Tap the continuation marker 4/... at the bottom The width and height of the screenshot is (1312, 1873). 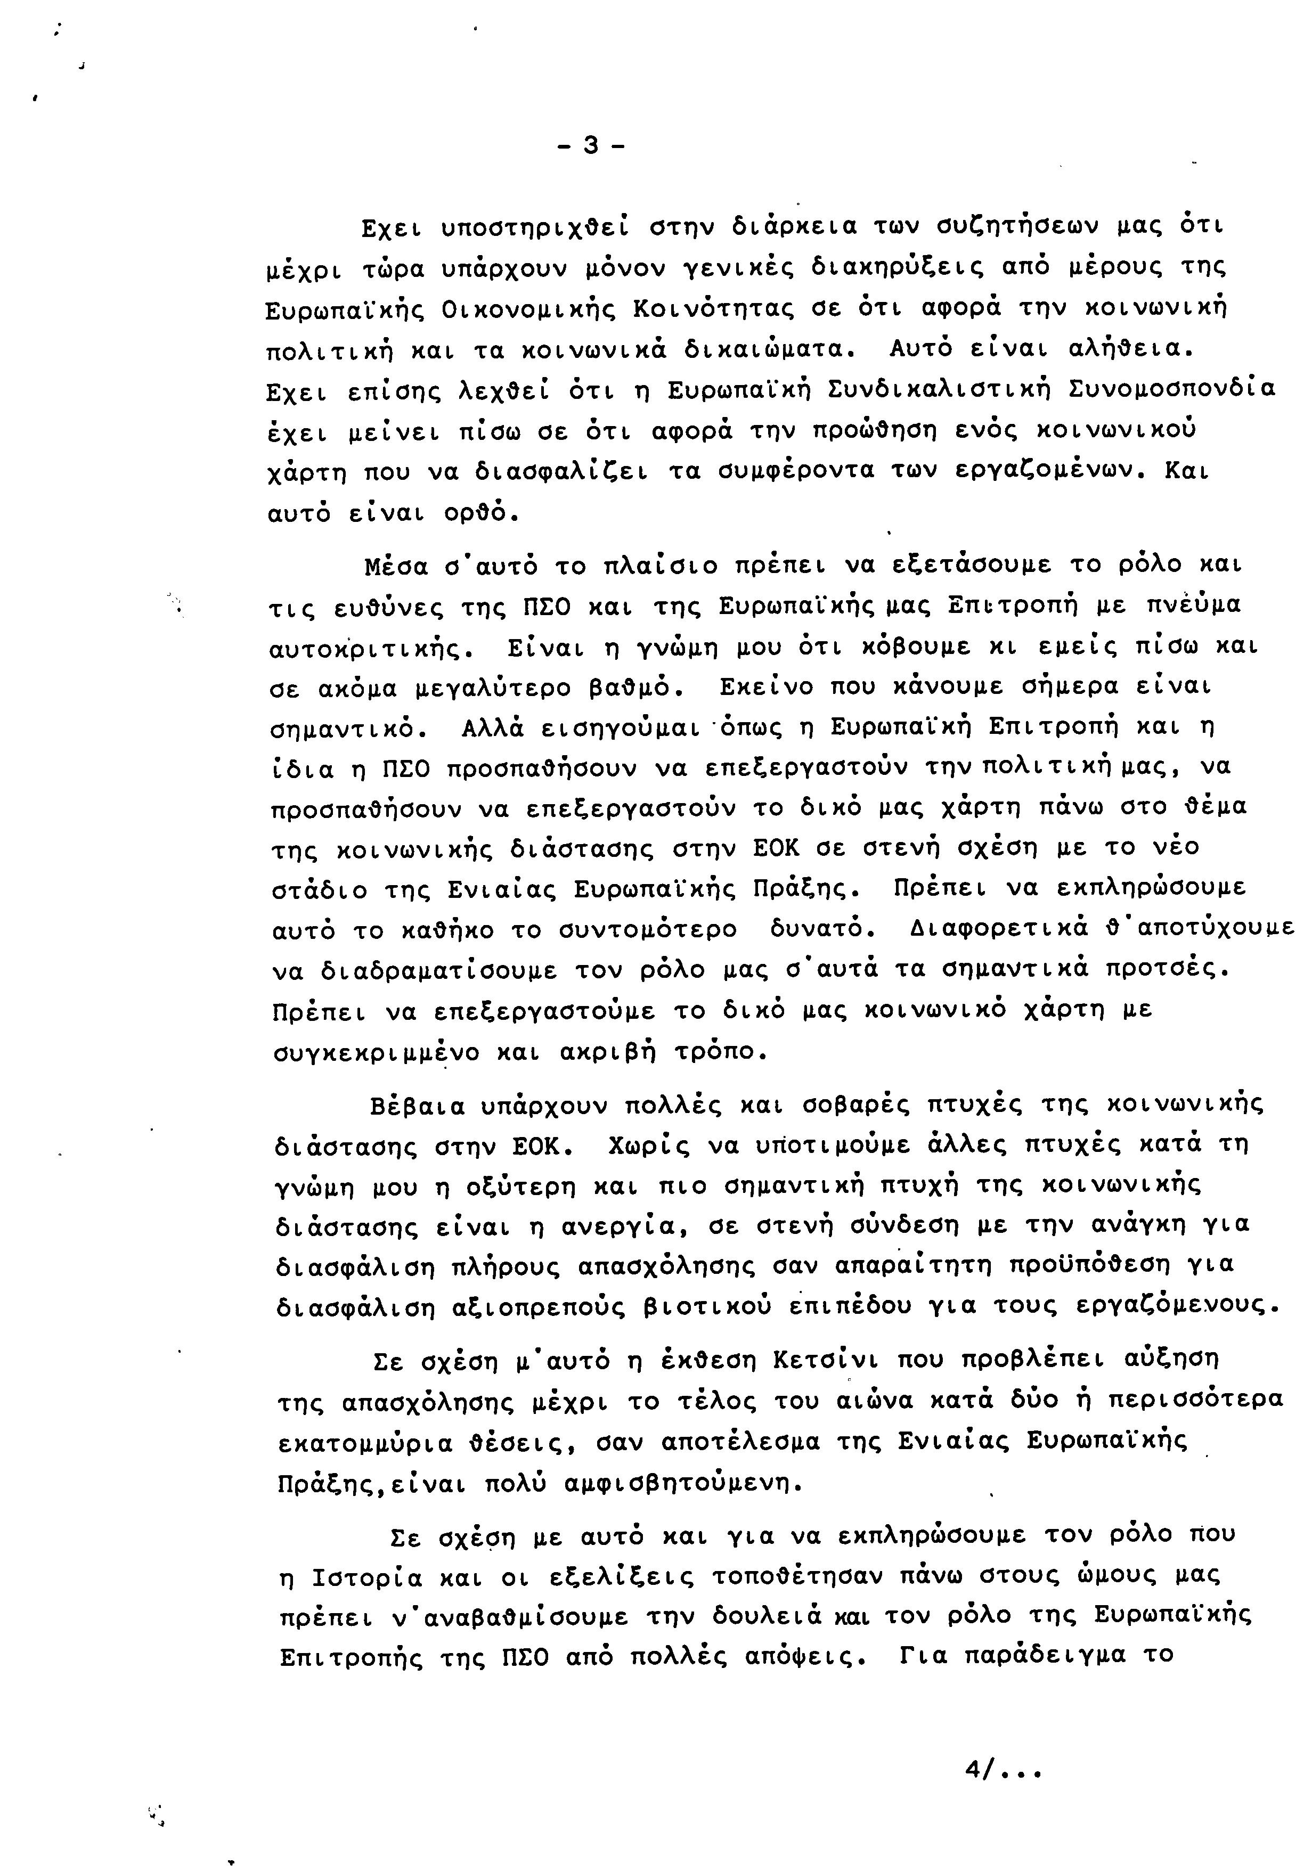1003,1770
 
